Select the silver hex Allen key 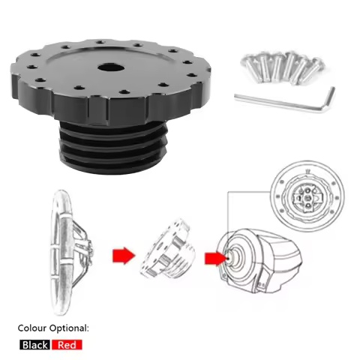coord(285,100)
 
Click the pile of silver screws coord(283,67)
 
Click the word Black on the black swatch coord(34,345)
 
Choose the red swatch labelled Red coord(67,345)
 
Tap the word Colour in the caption coord(32,328)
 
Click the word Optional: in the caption coord(69,328)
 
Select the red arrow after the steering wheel coord(124,256)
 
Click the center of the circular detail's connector coord(308,197)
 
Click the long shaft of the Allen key coord(279,102)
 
